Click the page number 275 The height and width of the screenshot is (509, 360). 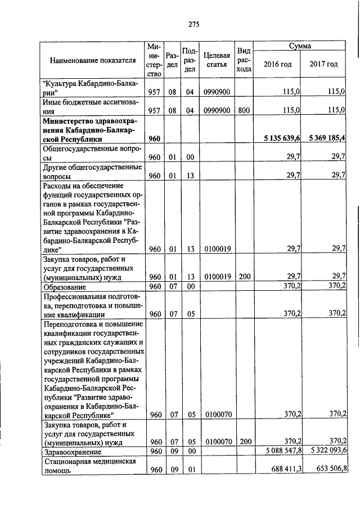click(x=194, y=24)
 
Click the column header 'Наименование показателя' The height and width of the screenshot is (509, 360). click(x=93, y=60)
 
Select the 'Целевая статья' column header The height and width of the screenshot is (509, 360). click(x=216, y=60)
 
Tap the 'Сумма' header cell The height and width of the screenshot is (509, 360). click(x=300, y=45)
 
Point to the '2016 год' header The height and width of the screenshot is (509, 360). click(x=278, y=64)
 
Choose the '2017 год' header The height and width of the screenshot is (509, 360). click(x=323, y=64)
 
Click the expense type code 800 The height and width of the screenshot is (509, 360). click(x=243, y=111)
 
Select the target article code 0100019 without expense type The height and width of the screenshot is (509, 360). click(x=216, y=249)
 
